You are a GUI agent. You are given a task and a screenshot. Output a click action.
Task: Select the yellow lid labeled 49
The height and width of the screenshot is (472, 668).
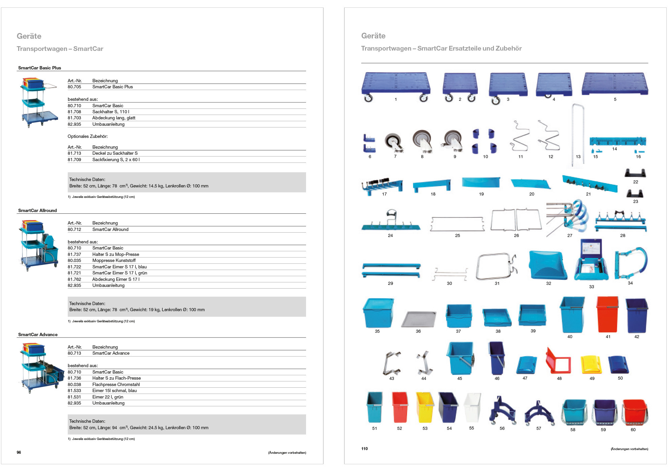[591, 364]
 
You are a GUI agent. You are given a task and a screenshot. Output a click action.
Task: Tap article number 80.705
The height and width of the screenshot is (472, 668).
[74, 87]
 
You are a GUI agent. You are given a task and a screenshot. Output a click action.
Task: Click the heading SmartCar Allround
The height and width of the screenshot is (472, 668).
[37, 210]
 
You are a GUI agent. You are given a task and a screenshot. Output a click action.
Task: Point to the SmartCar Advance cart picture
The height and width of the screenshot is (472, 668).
[40, 367]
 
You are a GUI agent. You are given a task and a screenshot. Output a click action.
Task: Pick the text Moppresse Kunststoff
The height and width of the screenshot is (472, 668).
[114, 261]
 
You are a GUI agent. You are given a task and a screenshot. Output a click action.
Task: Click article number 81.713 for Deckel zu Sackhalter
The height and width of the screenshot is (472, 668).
[74, 153]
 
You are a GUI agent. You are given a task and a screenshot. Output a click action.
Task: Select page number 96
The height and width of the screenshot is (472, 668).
[19, 452]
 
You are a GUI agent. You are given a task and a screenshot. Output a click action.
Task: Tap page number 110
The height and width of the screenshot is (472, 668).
[364, 449]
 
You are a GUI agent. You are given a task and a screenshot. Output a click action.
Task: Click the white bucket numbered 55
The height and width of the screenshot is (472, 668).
[472, 408]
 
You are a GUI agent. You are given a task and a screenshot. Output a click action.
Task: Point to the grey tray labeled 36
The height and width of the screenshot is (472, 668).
[419, 319]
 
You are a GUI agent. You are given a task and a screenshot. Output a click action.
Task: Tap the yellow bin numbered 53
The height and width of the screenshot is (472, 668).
[425, 407]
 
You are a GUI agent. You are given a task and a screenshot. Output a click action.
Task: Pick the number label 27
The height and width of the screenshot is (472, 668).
[570, 236]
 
